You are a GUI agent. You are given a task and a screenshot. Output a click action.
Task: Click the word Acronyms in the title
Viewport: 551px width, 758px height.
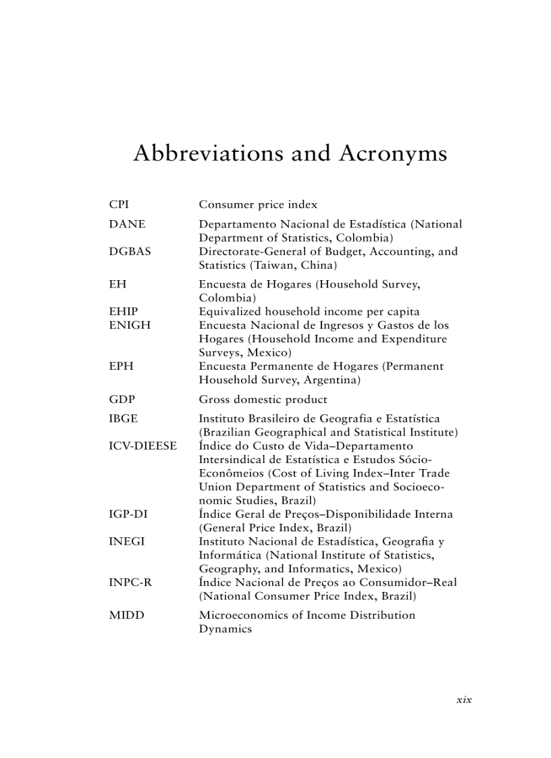point(393,154)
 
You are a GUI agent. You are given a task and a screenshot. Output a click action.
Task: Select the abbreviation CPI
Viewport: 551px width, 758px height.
point(119,205)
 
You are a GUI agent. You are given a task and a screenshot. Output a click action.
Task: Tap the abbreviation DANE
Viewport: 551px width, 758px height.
point(127,224)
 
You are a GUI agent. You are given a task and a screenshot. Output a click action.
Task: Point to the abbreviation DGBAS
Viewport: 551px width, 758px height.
point(130,251)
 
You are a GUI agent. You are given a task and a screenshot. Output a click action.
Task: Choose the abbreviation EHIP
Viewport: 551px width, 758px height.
point(124,311)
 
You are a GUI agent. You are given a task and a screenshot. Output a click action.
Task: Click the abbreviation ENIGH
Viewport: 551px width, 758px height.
point(130,325)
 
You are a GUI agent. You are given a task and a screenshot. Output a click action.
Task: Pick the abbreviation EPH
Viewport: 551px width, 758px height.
point(121,366)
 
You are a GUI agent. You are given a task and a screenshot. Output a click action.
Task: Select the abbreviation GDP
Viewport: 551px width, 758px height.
point(122,399)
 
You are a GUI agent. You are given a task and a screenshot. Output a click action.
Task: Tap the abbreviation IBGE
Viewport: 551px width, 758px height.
point(123,418)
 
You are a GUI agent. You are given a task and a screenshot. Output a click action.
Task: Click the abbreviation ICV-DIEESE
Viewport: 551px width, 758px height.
point(142,446)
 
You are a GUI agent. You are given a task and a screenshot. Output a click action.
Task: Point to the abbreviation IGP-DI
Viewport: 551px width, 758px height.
point(128,514)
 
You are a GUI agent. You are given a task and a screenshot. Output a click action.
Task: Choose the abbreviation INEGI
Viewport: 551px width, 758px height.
point(127,541)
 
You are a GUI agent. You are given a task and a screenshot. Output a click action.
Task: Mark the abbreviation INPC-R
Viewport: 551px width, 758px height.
point(130,582)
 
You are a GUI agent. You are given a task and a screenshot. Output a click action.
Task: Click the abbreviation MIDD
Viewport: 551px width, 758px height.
point(126,615)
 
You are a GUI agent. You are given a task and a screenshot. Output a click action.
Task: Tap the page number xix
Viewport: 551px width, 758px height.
point(464,699)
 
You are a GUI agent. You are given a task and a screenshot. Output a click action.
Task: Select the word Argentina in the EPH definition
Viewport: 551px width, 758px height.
point(331,380)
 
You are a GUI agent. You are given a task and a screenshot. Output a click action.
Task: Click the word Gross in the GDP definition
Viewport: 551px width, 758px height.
point(214,400)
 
